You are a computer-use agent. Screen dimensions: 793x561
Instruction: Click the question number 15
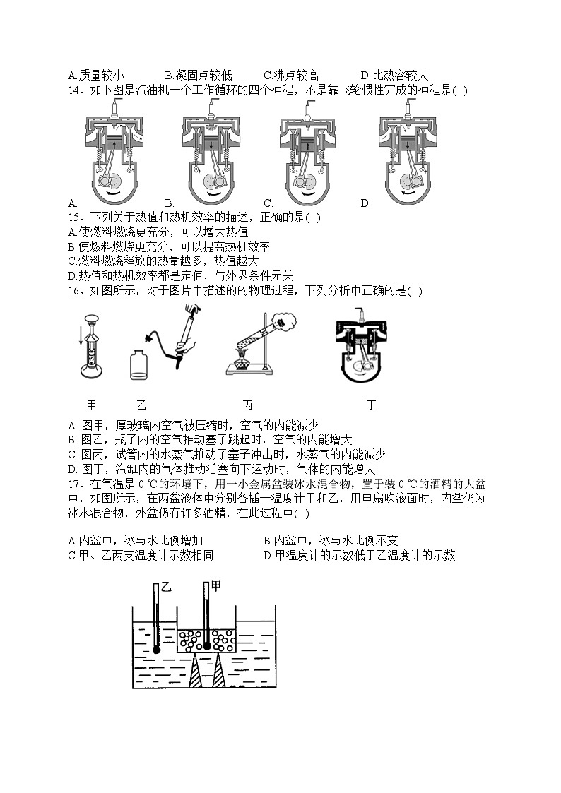pyautogui.click(x=74, y=217)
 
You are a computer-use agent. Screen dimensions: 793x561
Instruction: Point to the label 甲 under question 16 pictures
pyautogui.click(x=90, y=405)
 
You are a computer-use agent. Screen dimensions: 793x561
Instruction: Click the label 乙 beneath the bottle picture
pyautogui.click(x=141, y=405)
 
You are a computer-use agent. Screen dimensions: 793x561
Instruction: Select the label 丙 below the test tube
pyautogui.click(x=247, y=405)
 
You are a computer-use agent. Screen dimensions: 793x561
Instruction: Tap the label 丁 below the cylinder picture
pyautogui.click(x=372, y=405)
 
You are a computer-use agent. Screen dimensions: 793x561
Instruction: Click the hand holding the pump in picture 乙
pyautogui.click(x=184, y=345)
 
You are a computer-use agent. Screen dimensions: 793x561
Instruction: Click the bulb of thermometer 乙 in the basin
pyautogui.click(x=156, y=649)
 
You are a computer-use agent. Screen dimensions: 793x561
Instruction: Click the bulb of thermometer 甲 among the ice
pyautogui.click(x=207, y=645)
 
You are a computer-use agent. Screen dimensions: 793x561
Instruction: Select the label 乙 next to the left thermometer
pyautogui.click(x=167, y=587)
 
